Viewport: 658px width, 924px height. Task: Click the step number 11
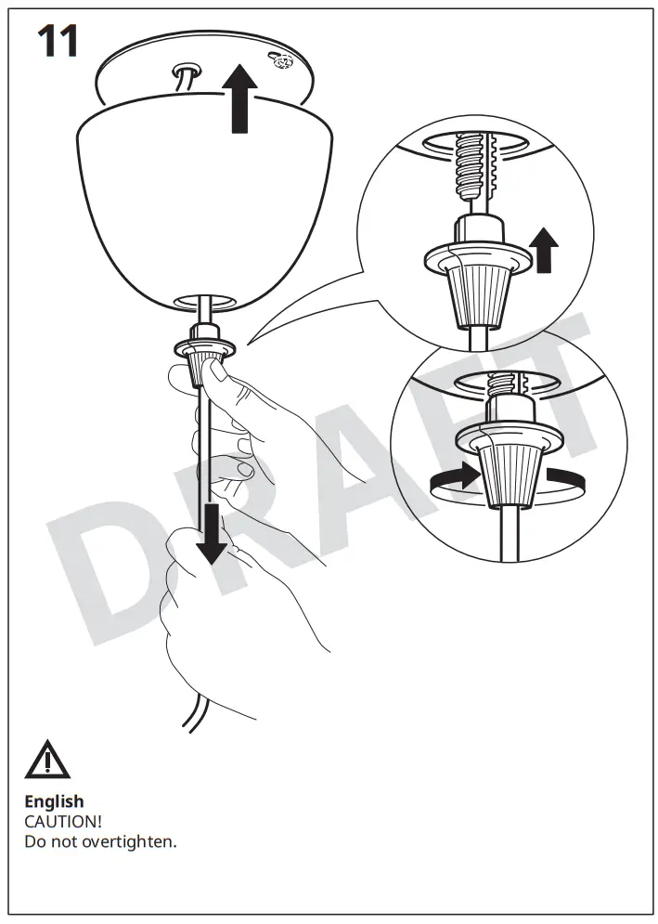(x=58, y=42)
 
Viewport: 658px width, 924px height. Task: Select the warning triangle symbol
(x=47, y=761)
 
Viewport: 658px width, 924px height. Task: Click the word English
(x=54, y=800)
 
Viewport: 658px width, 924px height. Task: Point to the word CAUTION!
(x=63, y=822)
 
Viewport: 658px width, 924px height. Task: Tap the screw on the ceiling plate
(x=279, y=60)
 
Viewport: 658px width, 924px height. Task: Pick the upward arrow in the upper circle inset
(x=544, y=251)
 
